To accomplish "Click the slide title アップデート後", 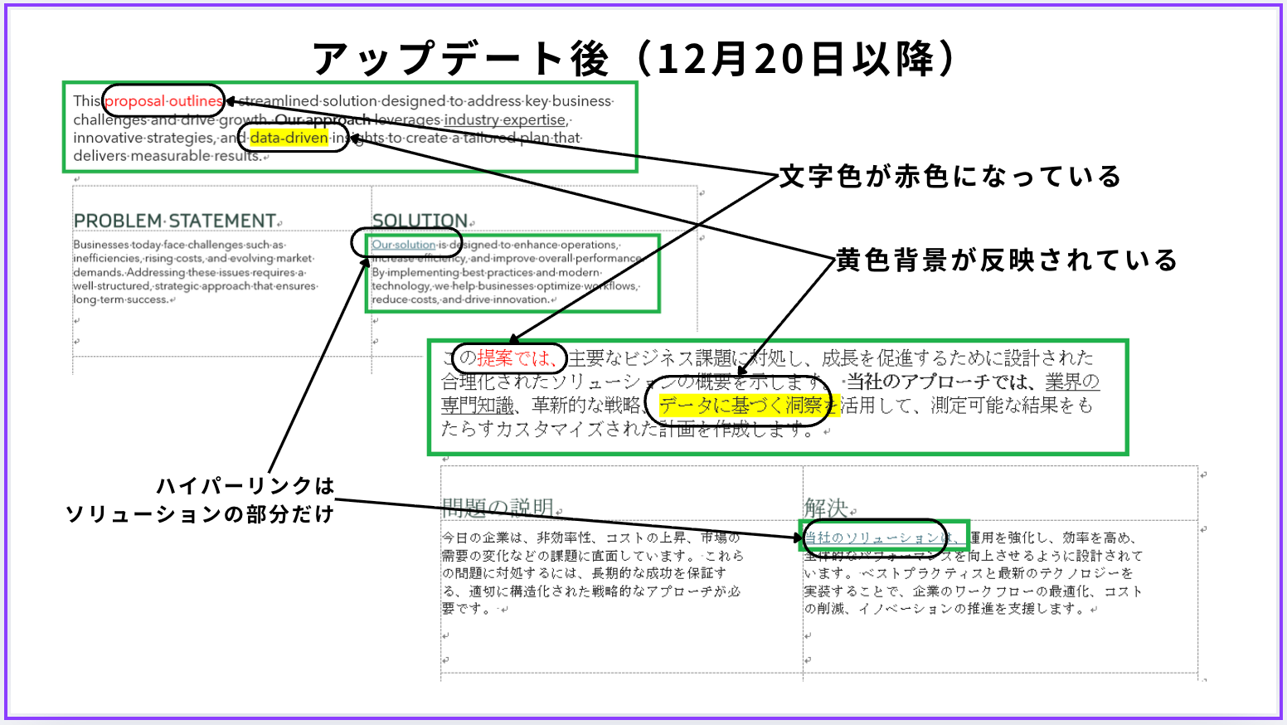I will pyautogui.click(x=460, y=59).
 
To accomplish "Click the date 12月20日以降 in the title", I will pyautogui.click(x=796, y=59).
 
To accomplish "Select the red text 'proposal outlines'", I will pyautogui.click(x=163, y=101).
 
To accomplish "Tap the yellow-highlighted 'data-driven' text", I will pyautogui.click(x=289, y=138).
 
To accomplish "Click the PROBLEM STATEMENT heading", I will pyautogui.click(x=174, y=221).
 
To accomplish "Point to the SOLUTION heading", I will pyautogui.click(x=420, y=221).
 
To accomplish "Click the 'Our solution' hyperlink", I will pyautogui.click(x=403, y=245).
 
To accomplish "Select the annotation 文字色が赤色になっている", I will pyautogui.click(x=950, y=177).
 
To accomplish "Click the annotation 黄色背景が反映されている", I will pyautogui.click(x=1006, y=260).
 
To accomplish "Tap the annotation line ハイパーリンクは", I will pyautogui.click(x=245, y=485).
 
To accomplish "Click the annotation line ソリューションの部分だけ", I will pyautogui.click(x=199, y=514).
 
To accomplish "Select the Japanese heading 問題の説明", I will pyautogui.click(x=498, y=507).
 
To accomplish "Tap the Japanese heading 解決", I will pyautogui.click(x=825, y=507).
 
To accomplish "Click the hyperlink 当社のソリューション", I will pyautogui.click(x=872, y=538).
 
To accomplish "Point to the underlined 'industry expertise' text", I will pyautogui.click(x=505, y=119).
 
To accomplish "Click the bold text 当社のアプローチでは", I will pyautogui.click(x=940, y=382).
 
